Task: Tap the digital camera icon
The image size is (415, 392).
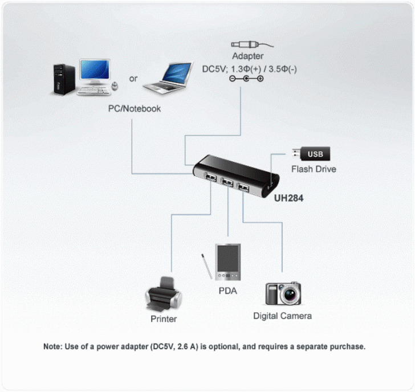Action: click(283, 293)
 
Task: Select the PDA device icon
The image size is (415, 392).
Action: click(227, 263)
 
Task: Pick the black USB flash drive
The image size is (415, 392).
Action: click(311, 154)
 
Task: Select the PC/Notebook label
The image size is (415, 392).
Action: click(135, 108)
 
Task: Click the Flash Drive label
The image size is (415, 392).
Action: click(314, 169)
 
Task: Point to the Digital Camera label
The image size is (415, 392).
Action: click(283, 315)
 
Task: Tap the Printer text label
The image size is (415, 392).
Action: click(164, 319)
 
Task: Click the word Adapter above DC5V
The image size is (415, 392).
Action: click(247, 56)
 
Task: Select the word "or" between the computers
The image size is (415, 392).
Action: click(133, 78)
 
